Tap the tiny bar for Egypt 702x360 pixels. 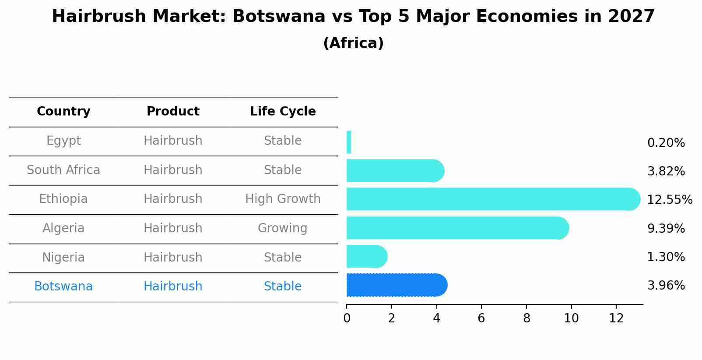(349, 142)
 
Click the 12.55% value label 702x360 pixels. (669, 200)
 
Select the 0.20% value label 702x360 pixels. (666, 143)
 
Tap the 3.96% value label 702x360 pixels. (666, 286)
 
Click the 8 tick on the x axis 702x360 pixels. (526, 318)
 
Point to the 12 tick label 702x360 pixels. (616, 318)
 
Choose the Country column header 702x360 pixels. (63, 112)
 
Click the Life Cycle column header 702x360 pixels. (283, 112)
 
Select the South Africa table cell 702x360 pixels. (63, 170)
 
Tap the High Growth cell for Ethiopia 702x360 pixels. (283, 199)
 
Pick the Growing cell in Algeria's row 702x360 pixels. (283, 228)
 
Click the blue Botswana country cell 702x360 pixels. (63, 287)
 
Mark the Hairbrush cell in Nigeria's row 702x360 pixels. (173, 257)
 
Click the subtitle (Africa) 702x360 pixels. (353, 43)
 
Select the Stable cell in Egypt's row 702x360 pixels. (283, 141)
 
